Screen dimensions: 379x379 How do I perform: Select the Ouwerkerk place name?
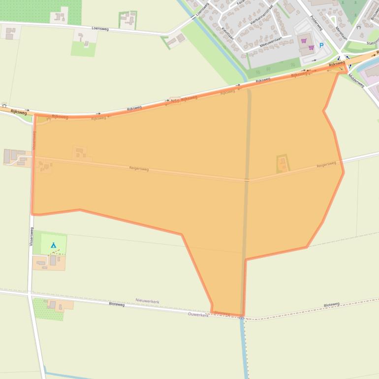[198, 315]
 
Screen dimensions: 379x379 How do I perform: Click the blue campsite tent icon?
[53, 245]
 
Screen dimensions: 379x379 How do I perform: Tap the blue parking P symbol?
[321, 46]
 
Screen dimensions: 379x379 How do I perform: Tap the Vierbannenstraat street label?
[262, 16]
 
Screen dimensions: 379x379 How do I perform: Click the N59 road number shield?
[175, 100]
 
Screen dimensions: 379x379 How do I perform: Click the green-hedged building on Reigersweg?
[283, 164]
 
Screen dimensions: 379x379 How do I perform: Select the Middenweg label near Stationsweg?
[356, 79]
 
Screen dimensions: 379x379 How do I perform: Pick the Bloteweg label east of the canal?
[331, 305]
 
